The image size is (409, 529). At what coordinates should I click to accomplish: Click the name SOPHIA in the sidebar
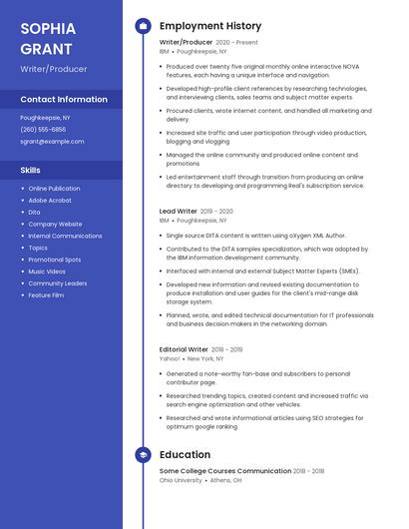(49, 28)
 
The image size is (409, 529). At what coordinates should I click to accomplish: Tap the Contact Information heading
(64, 100)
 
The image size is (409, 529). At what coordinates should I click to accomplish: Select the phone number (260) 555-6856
(43, 130)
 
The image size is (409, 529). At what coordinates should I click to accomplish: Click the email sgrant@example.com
(52, 142)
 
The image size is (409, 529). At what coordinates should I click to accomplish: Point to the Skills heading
(30, 170)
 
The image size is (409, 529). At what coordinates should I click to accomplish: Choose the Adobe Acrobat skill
(50, 200)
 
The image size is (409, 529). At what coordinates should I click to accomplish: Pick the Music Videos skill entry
(47, 271)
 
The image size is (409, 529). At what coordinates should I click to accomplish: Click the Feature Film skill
(46, 295)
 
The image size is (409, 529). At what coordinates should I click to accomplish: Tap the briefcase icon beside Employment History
(143, 26)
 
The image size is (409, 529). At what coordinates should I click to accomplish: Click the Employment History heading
(210, 26)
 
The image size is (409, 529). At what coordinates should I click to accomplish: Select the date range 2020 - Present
(236, 43)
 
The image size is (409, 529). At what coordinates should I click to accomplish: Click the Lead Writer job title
(179, 212)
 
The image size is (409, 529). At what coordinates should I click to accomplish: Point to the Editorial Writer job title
(184, 350)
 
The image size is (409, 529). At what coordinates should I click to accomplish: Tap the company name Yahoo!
(170, 358)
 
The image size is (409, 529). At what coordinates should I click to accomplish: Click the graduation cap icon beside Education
(143, 455)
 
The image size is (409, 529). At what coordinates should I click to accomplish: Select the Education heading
(185, 455)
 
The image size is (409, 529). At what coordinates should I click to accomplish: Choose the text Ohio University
(180, 479)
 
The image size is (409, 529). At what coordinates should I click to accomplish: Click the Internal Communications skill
(65, 236)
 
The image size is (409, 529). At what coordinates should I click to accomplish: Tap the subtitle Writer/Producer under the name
(53, 69)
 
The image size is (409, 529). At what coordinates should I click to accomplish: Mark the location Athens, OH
(225, 479)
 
